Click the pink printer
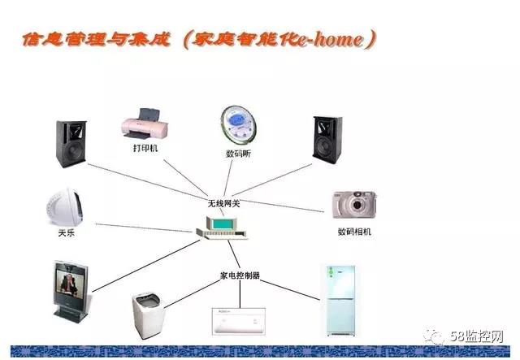(x=145, y=124)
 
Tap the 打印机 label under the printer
(x=145, y=148)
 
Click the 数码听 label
(x=238, y=154)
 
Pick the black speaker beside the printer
(x=71, y=144)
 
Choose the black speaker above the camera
(x=327, y=140)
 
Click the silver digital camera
(x=354, y=205)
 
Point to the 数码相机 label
(x=354, y=232)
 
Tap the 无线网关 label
(x=223, y=203)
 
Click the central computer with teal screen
(x=222, y=228)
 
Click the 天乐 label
(x=67, y=233)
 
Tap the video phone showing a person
(x=71, y=291)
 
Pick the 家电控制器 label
(x=240, y=275)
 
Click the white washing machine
(x=148, y=315)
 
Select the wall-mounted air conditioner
(x=239, y=321)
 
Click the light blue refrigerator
(x=340, y=301)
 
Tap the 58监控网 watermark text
(x=477, y=336)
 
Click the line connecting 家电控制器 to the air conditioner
(x=240, y=294)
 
